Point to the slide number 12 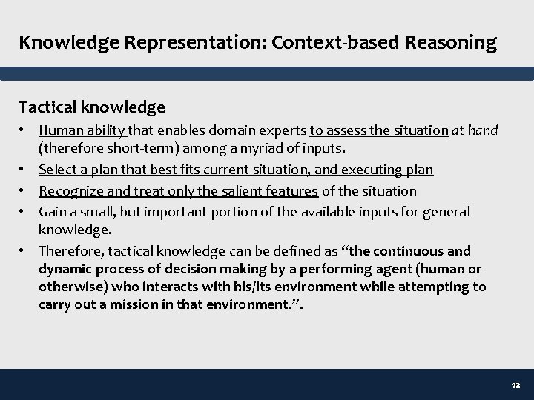pyautogui.click(x=516, y=387)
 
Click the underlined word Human pyautogui.click(x=59, y=130)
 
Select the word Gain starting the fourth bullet pyautogui.click(x=53, y=212)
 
